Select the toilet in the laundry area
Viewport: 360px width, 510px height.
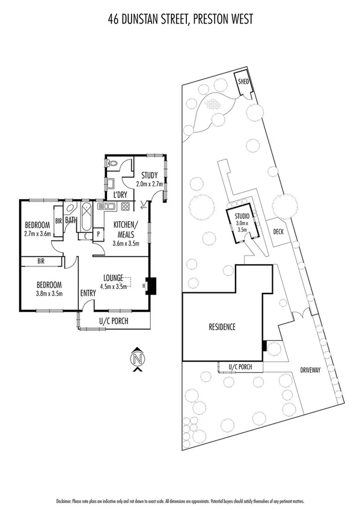(x=112, y=162)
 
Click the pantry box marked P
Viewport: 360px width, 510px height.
(x=97, y=236)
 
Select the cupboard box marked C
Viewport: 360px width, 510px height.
(x=86, y=236)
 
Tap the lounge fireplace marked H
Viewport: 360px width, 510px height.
(x=150, y=286)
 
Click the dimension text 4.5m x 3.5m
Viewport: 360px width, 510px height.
(x=115, y=286)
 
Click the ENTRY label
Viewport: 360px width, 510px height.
(x=88, y=293)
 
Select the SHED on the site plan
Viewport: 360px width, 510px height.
(x=243, y=82)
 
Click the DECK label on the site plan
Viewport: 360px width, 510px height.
(x=278, y=232)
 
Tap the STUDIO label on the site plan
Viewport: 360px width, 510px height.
(x=242, y=215)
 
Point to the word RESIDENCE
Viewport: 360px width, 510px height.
(x=222, y=327)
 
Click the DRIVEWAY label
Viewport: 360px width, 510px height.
(x=314, y=370)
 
